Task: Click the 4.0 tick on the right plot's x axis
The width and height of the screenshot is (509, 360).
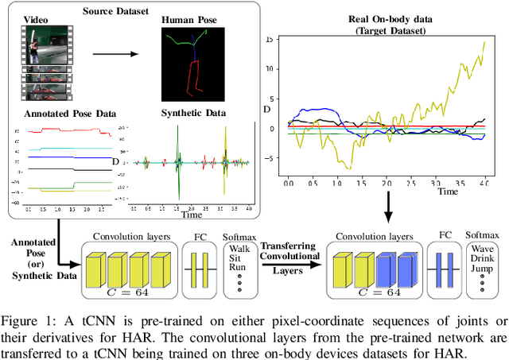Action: [x=484, y=183]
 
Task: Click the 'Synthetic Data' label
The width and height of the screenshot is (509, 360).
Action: [x=192, y=113]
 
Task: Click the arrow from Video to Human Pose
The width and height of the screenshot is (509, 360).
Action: [x=113, y=55]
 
